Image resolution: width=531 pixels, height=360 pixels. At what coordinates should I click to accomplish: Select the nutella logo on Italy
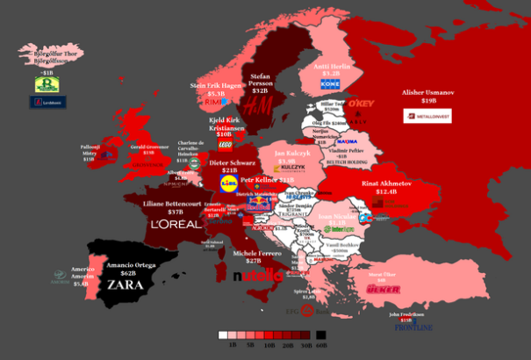[x=258, y=276]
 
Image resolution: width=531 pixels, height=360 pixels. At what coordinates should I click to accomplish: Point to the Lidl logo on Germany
[x=229, y=183]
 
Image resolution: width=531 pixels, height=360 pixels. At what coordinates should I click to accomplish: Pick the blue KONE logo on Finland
[x=330, y=84]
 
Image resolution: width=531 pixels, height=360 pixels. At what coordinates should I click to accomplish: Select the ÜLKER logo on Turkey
[x=383, y=289]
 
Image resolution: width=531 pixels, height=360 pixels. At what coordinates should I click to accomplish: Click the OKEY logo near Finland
[x=361, y=104]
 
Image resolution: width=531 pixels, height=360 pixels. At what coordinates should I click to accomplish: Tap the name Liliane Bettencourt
[x=176, y=203]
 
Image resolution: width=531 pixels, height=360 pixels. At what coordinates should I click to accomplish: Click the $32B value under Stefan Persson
[x=260, y=90]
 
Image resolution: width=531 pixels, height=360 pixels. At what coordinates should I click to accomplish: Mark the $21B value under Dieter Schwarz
[x=230, y=169]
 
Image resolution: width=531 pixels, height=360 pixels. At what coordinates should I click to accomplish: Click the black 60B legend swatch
[x=321, y=335]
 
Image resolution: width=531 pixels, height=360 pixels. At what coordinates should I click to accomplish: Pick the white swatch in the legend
[x=223, y=335]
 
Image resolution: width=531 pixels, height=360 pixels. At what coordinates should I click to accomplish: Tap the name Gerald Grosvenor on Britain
[x=148, y=147]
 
